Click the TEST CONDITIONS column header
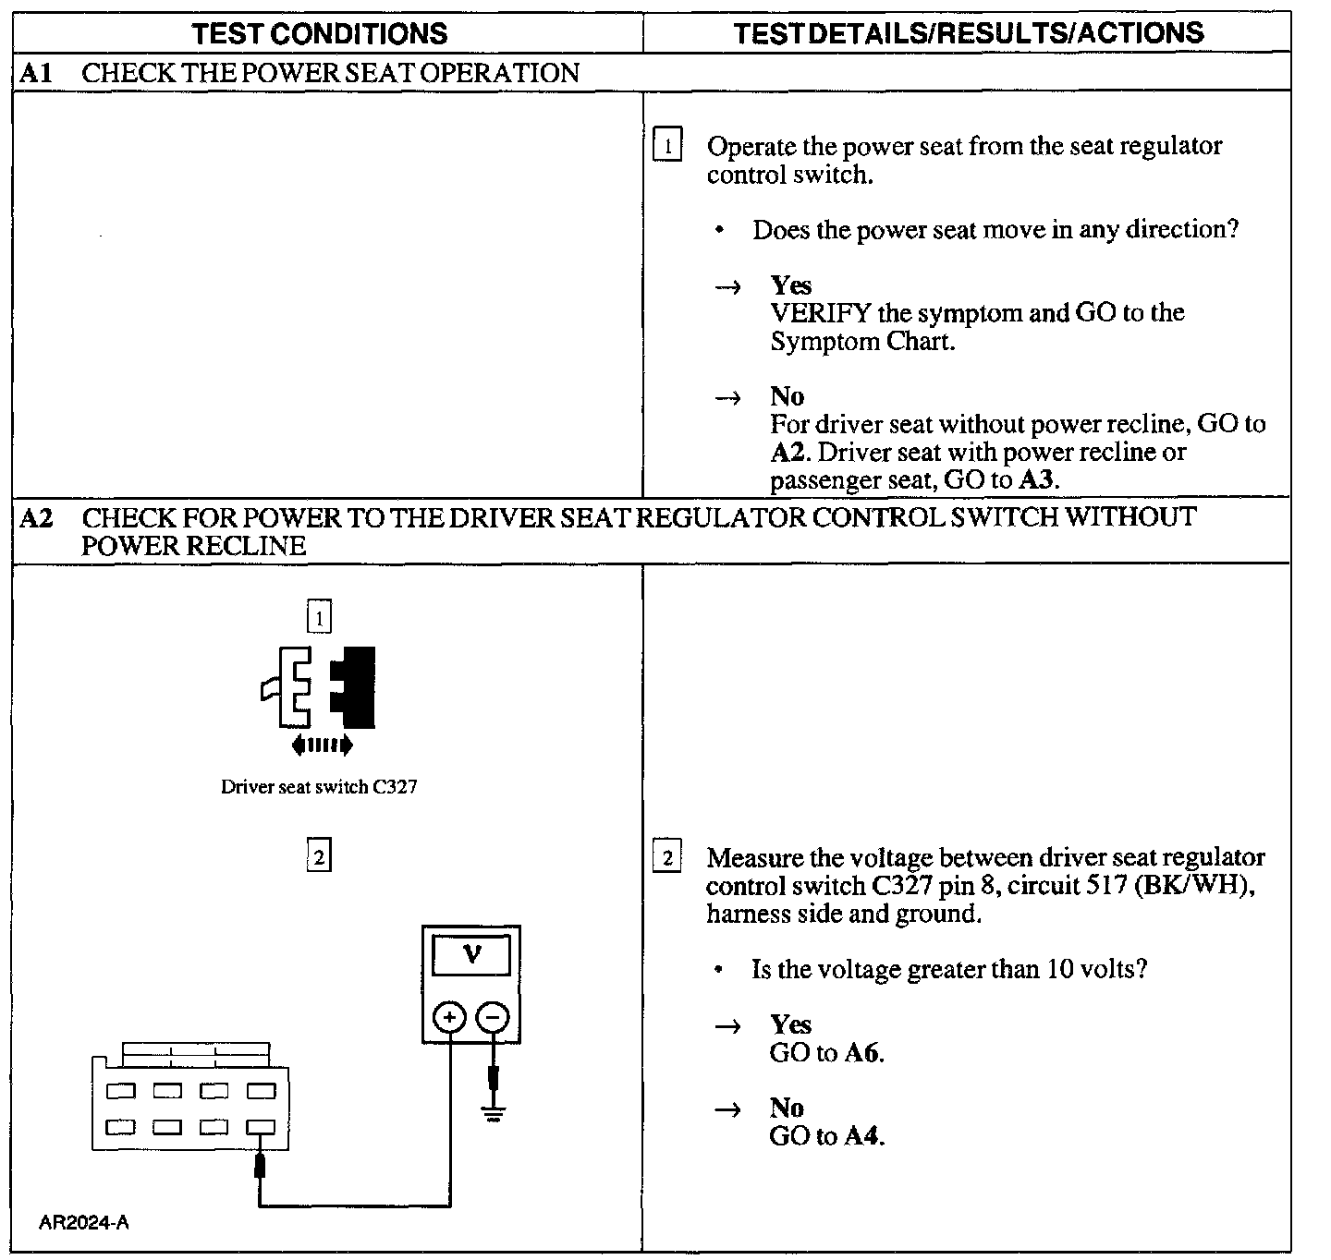tap(319, 33)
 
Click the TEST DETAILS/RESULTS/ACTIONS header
tap(968, 33)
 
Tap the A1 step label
tap(35, 73)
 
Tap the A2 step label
tap(35, 517)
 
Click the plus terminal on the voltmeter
tap(450, 1018)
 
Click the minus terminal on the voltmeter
tap(493, 1018)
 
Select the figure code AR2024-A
tap(83, 1223)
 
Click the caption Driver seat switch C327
tap(319, 787)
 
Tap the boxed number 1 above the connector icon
tap(319, 617)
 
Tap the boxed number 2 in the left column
tap(319, 857)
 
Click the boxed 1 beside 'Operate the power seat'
tap(667, 146)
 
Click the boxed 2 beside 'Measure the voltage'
tap(667, 857)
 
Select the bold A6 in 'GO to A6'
tap(861, 1053)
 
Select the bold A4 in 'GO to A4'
tap(862, 1136)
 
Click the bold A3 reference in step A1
tap(1036, 480)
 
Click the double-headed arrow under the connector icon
tap(321, 745)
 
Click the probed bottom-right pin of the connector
tap(262, 1127)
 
